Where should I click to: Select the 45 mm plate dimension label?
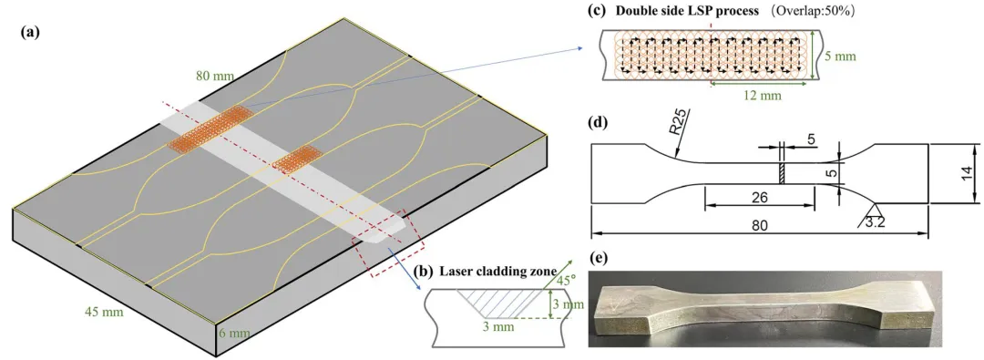tap(104, 311)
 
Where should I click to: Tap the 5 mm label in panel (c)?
tap(840, 56)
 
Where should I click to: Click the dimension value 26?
tap(759, 198)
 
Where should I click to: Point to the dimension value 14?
tap(969, 172)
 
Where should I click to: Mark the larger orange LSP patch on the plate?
tap(210, 129)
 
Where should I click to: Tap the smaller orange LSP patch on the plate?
tap(297, 158)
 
